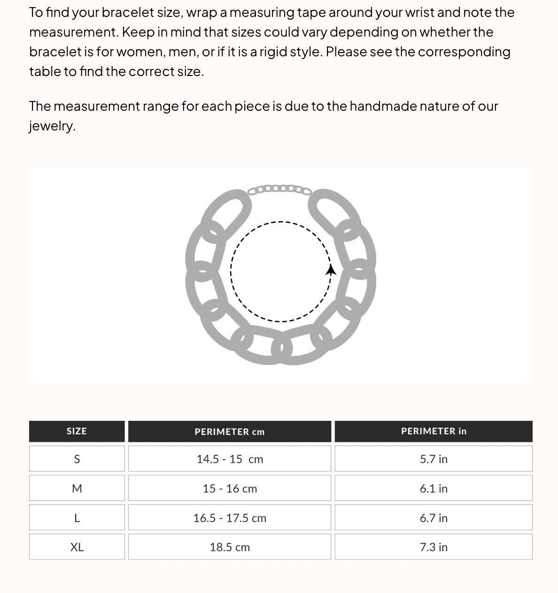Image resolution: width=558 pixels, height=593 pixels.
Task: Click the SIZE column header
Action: [77, 431]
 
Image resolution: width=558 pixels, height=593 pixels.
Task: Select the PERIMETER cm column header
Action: [230, 432]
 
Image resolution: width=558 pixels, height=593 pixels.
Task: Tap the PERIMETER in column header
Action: [434, 431]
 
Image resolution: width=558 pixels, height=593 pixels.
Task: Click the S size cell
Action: [77, 459]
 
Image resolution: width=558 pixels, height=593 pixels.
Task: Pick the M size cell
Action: [77, 488]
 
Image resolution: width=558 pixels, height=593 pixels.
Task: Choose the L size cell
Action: [77, 518]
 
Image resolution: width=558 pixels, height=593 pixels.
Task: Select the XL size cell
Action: [77, 547]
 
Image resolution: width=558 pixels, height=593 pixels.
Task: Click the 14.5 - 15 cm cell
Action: [230, 459]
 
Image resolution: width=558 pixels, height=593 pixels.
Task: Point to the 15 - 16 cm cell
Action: [230, 488]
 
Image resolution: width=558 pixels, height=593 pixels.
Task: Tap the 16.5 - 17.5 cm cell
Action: [230, 518]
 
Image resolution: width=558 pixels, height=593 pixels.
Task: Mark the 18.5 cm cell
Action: [230, 547]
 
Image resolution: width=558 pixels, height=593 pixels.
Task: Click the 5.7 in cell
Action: [434, 459]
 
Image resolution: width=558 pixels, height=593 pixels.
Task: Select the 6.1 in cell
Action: [434, 488]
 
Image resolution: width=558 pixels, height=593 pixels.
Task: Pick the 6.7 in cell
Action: [434, 518]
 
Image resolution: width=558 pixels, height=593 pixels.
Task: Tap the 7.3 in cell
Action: [434, 547]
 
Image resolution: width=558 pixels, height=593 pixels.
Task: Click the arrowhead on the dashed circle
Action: [331, 270]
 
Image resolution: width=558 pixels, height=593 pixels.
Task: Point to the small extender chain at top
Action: [279, 190]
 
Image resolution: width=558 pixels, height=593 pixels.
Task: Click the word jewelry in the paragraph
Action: [52, 126]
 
